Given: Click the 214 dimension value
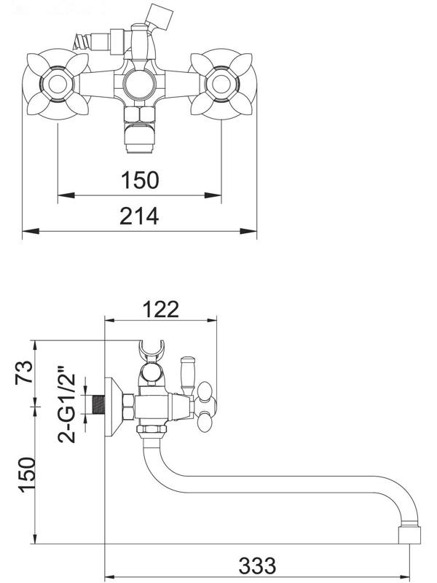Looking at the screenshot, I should [x=140, y=216].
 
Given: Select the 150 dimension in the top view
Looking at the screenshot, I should [x=140, y=180].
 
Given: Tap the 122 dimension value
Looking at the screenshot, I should [x=161, y=309].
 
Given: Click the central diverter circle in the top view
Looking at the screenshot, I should [x=140, y=85].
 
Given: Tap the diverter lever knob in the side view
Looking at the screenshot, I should [x=187, y=371].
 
